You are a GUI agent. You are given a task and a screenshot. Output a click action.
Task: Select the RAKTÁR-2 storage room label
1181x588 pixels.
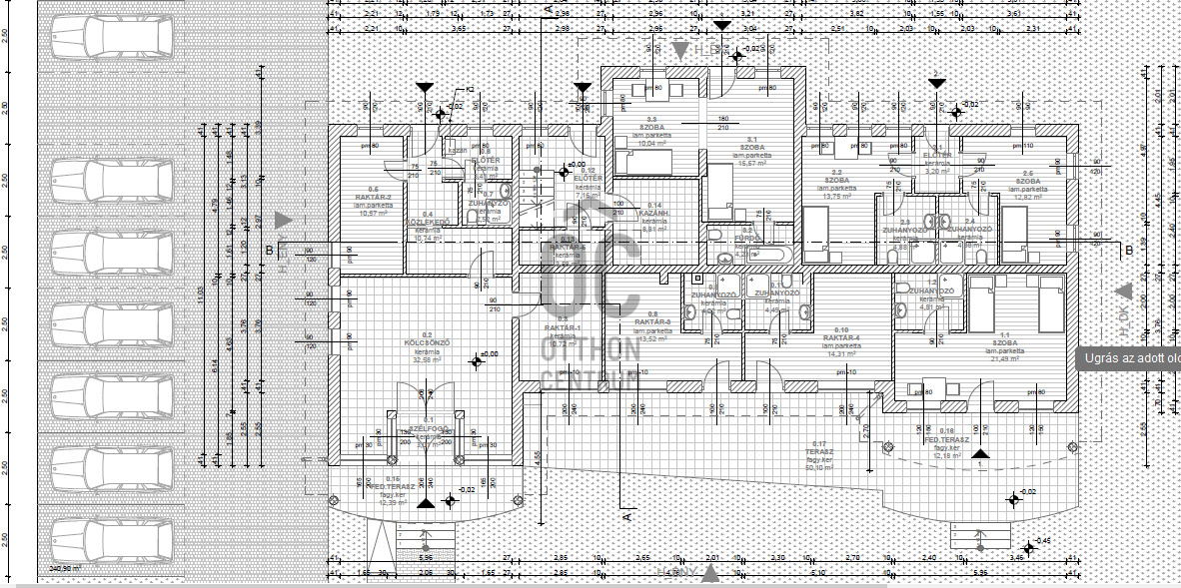(x=373, y=197)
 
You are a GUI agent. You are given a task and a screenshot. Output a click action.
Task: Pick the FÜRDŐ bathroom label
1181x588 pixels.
(x=746, y=238)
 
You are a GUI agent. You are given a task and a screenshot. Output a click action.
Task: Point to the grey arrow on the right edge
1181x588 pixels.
(x=1124, y=291)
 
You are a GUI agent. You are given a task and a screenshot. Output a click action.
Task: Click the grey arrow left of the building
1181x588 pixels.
(x=284, y=220)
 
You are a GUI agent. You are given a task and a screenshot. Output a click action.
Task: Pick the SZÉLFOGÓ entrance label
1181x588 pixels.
(x=428, y=429)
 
